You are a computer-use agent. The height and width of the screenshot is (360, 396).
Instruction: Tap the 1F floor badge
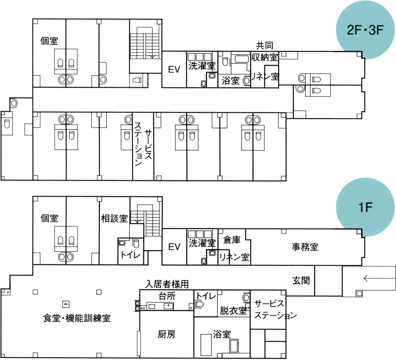coord(363,206)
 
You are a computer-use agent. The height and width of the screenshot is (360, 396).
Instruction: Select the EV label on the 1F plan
coord(174,247)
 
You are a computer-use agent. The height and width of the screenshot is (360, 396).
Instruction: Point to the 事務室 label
coord(305,247)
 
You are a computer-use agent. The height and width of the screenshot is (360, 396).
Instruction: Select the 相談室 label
coord(114,218)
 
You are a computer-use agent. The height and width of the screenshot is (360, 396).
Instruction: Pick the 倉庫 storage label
coord(232,240)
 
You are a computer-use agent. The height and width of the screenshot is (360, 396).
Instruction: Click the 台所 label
coord(166,296)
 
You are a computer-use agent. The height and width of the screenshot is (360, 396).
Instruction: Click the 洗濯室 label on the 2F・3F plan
coord(202,66)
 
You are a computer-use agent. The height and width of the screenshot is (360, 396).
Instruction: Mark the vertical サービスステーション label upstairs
coord(143,145)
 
